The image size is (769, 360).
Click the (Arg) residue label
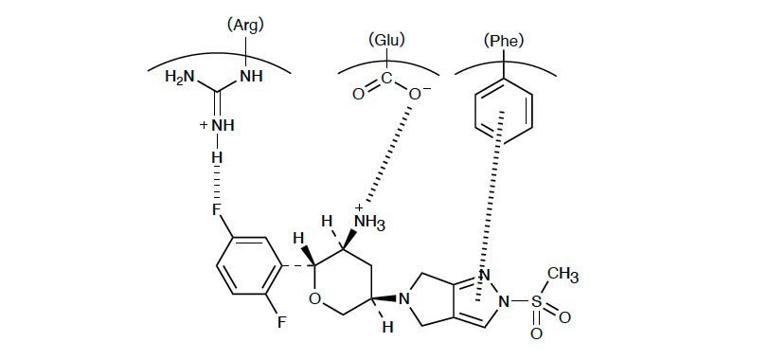coord(245,25)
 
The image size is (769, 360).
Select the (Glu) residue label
coord(386,40)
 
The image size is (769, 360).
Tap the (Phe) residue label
coord(504,41)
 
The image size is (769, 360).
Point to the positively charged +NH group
coord(217,125)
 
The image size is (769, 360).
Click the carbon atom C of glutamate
coord(386,78)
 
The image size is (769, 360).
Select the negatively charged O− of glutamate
coord(418,94)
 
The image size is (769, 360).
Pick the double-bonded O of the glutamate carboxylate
coord(358,94)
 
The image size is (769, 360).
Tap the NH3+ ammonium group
coord(368,220)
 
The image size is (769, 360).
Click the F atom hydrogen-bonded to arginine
coord(217,210)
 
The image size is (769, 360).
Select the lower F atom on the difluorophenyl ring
coord(281,322)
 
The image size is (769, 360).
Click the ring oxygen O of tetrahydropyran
coord(315,297)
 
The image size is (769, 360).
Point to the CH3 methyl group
coord(563,275)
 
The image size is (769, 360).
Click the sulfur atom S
coord(536,301)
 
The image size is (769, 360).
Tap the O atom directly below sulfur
coord(536,334)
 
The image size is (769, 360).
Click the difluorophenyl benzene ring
coord(250,266)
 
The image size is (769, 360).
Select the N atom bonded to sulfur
coord(503,301)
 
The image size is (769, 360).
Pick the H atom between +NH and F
coord(217,158)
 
